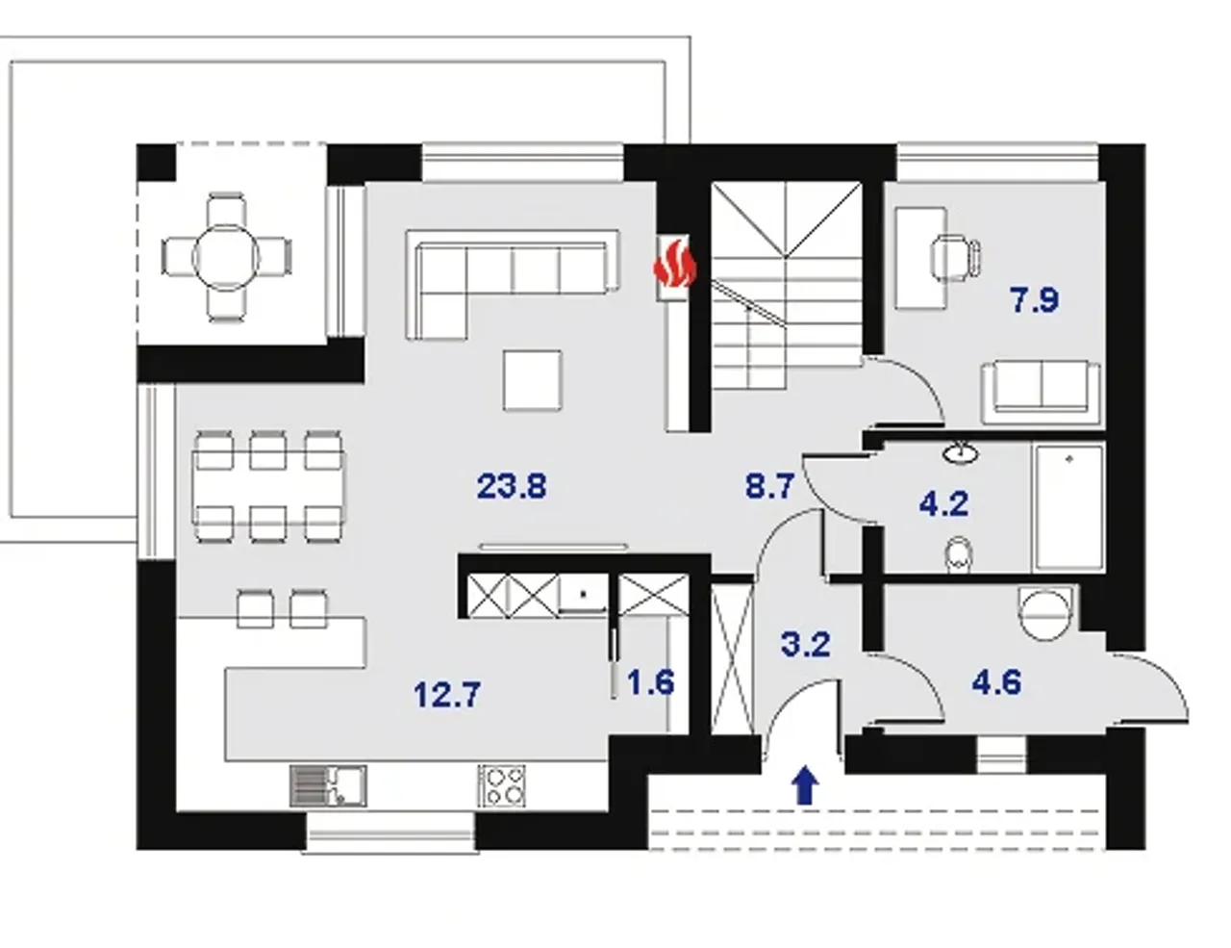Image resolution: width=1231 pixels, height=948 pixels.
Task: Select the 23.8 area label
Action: coord(512,487)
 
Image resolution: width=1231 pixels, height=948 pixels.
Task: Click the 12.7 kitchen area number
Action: coord(447,695)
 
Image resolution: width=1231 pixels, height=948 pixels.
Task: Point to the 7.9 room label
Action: coord(1035,299)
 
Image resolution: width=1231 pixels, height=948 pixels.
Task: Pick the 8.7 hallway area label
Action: coord(769,487)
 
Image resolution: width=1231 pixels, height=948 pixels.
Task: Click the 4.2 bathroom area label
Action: coord(943,503)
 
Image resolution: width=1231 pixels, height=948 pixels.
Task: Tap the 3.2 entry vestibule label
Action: coord(806,644)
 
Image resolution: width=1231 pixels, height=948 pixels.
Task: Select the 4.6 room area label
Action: coord(996,682)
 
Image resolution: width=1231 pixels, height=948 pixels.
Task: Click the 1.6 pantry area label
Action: coord(651,682)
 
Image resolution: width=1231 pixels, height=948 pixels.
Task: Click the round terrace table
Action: coord(226,258)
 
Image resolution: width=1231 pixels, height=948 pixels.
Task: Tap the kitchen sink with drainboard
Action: coord(328,786)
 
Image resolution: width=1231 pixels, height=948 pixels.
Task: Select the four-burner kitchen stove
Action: coord(501,786)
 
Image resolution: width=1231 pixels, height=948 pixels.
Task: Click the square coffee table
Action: coord(533,379)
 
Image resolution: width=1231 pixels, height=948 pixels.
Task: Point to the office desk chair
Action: coord(956,258)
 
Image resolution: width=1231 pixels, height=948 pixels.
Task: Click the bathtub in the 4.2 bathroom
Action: coord(1068,508)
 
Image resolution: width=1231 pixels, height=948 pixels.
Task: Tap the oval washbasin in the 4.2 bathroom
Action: coord(961,452)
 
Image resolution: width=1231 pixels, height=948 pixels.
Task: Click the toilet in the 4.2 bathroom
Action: coord(959,553)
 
